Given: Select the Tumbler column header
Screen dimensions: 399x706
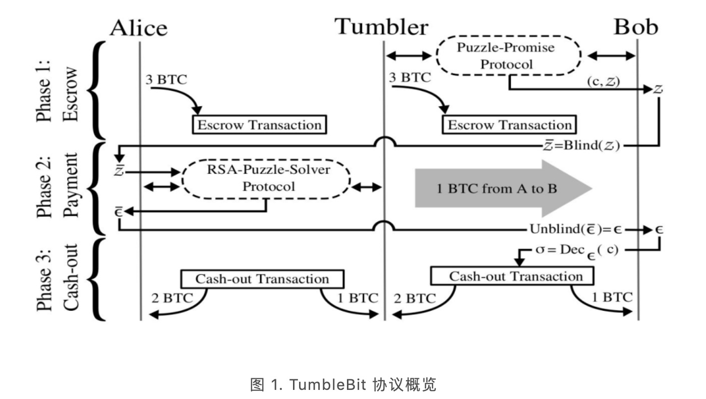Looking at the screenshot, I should pos(382,26).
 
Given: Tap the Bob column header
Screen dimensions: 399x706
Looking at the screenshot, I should pos(636,27).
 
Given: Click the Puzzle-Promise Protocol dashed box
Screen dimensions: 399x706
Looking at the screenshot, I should pos(508,56).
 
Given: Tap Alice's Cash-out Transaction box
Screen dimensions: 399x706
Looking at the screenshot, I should pos(262,279).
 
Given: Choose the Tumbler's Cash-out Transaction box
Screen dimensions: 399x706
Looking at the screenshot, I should pos(512,276).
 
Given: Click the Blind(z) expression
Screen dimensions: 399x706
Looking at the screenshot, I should pos(579,146).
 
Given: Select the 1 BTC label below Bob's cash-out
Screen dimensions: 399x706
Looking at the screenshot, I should pos(612,297).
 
